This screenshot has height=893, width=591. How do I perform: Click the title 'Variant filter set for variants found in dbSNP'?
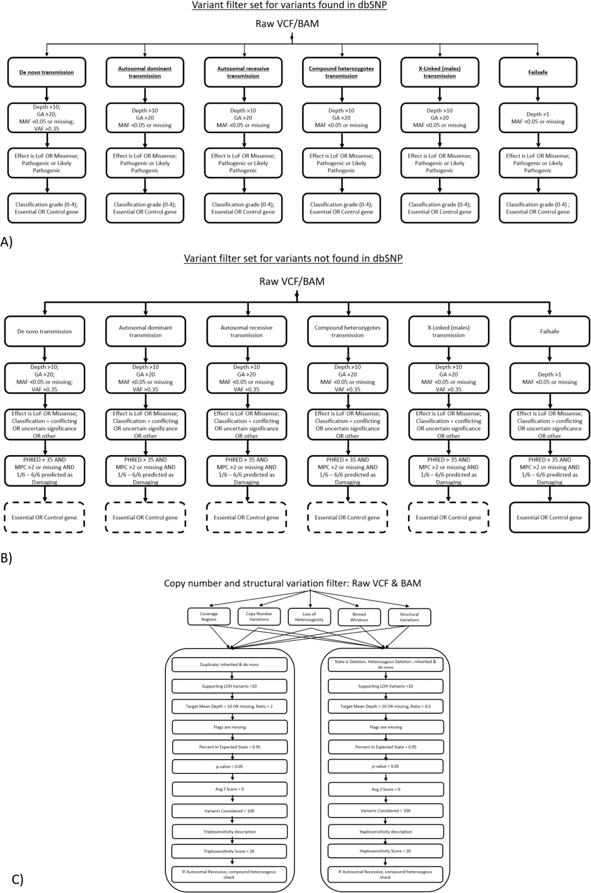(289, 6)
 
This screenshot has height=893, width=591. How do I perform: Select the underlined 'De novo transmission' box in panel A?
(47, 72)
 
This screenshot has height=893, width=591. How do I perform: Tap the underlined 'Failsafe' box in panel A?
(538, 72)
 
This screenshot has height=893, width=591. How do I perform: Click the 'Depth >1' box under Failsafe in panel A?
(538, 118)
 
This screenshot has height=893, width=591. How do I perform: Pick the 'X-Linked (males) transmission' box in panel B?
(448, 331)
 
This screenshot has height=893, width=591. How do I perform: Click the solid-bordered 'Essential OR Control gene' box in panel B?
(549, 517)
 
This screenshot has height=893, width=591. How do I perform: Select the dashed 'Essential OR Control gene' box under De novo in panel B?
(44, 517)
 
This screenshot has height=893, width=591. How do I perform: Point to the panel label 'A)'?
(6, 242)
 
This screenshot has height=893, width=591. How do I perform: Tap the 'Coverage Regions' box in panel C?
(209, 617)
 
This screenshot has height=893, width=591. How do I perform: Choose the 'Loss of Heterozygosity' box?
(309, 617)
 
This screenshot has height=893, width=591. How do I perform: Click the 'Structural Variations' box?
(409, 617)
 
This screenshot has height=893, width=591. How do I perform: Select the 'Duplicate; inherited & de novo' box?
(229, 664)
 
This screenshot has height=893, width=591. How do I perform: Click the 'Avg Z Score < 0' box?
(385, 789)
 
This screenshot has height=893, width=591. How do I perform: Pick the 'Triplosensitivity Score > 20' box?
(229, 851)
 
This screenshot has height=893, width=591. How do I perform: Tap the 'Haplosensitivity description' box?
(385, 832)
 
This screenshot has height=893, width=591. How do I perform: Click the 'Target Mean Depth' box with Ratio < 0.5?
(385, 707)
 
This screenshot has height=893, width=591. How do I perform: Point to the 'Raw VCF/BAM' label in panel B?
(292, 282)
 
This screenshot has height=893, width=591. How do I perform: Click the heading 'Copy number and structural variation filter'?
(292, 583)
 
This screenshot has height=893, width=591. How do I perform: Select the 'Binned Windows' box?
(359, 617)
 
